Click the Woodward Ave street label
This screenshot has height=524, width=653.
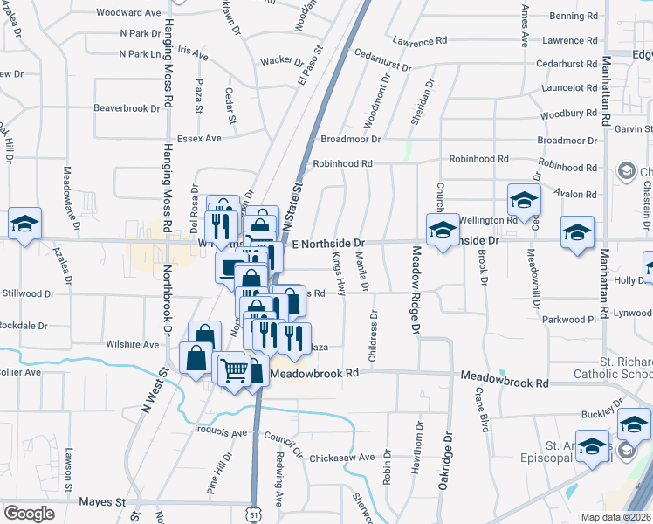tap(128, 14)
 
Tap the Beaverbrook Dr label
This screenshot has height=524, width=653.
tap(127, 109)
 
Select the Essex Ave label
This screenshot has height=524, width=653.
tap(200, 138)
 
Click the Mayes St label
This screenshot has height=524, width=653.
tap(102, 502)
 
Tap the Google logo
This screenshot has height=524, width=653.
tap(29, 514)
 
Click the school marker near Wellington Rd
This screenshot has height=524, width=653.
tap(523, 201)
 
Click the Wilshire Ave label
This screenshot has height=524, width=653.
tap(140, 344)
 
